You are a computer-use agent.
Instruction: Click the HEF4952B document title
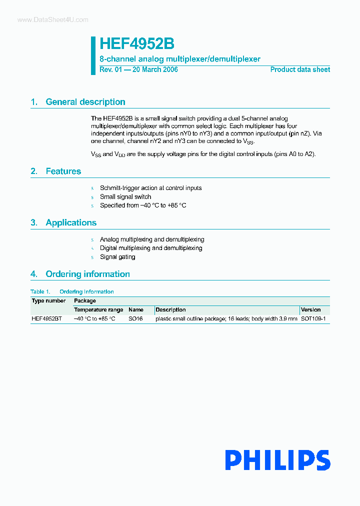pos(136,44)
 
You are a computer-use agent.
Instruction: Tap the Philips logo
pos(277,460)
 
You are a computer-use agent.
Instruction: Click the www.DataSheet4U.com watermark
pos(52,20)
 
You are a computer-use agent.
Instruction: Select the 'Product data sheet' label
pos(300,69)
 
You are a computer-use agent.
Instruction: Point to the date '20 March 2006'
pos(154,69)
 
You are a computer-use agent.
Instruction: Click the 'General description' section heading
pos(85,102)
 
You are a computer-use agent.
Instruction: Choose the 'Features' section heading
pos(63,171)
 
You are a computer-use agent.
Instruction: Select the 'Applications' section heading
pos(71,223)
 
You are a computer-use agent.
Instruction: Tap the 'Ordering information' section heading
pos(87,274)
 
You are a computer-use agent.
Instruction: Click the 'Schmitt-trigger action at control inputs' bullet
pos(150,188)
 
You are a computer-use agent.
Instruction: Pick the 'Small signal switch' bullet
pos(125,197)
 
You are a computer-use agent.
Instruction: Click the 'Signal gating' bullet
pos(117,257)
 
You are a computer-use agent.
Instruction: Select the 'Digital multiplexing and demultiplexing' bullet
pos(151,248)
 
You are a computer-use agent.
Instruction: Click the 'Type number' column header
pos(48,301)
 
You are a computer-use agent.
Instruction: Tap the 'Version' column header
pos(310,310)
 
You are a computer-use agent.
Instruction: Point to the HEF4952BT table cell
pos(46,318)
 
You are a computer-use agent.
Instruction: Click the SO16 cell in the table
pos(135,318)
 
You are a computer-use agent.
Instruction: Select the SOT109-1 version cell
pos(313,318)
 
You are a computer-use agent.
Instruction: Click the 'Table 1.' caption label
pos(40,292)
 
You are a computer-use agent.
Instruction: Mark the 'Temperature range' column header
pos(98,310)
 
